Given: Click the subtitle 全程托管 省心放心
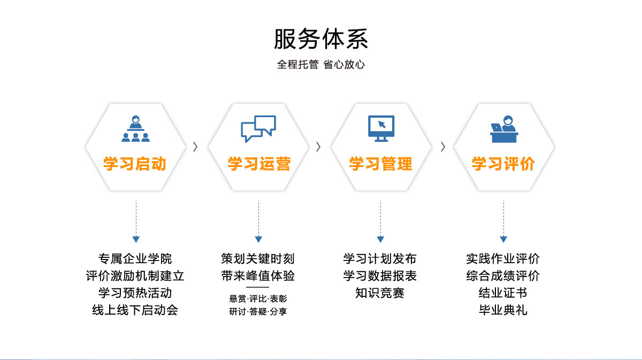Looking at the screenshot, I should pos(321,65).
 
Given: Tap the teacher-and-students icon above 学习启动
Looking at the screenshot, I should pos(135,129).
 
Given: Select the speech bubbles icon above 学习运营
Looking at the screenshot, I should pos(258,128).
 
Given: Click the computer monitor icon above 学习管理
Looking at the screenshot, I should pos(381,128).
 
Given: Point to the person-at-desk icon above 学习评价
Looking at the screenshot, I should pos(504,129).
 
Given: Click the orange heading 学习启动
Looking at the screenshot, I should pos(135,164).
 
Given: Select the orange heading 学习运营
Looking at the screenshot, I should pos(258,164).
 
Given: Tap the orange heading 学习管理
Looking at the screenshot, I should pos(381,164).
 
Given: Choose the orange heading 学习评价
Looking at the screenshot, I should pos(503,164).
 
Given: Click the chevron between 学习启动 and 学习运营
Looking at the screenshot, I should pos(195,147).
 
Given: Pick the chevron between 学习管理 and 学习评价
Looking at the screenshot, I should pos(442,147).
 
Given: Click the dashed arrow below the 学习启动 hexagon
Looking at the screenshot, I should pos(136,222).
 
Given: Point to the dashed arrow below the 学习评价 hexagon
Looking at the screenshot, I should pos(503,222).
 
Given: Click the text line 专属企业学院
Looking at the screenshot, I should pos(135,259).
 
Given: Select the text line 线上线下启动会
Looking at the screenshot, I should pos(135,310).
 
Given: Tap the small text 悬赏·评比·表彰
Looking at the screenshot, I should pos(258,298).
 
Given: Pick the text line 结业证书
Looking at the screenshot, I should pos(503,293).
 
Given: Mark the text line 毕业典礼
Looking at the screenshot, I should pos(503,310).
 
